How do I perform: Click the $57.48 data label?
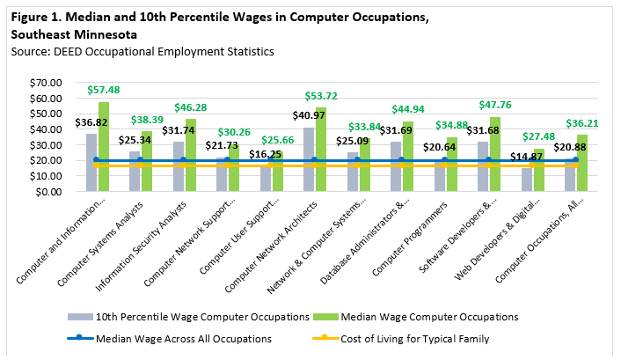(104, 90)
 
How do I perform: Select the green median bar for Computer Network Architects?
(321, 150)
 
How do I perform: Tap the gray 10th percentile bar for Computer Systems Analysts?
(135, 172)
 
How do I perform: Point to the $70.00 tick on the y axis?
(46, 83)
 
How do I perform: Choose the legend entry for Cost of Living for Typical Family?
(401, 339)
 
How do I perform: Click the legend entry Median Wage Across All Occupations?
(170, 339)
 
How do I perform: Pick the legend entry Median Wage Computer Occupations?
(415, 317)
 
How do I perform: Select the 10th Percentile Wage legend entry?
(188, 317)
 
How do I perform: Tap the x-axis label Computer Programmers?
(410, 239)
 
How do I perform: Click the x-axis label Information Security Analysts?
(141, 246)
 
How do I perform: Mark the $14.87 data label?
(526, 157)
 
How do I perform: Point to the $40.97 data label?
(309, 115)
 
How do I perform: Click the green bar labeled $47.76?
(495, 154)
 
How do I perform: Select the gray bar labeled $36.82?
(91, 163)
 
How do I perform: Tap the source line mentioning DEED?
(142, 52)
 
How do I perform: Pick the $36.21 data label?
(581, 124)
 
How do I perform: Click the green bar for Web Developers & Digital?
(539, 170)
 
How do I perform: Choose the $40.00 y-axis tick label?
(46, 129)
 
